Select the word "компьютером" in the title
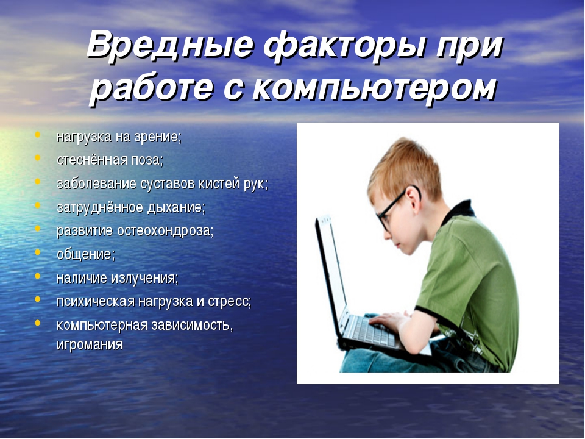coord(375,89)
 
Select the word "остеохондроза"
coord(165,231)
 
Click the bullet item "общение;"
coord(86,254)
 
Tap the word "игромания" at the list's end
coord(90,344)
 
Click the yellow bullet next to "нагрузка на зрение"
coord(37,135)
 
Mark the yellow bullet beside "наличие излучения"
coord(37,276)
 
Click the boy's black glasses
coord(395,207)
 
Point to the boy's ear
coord(413,197)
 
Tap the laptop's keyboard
coord(372,332)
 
